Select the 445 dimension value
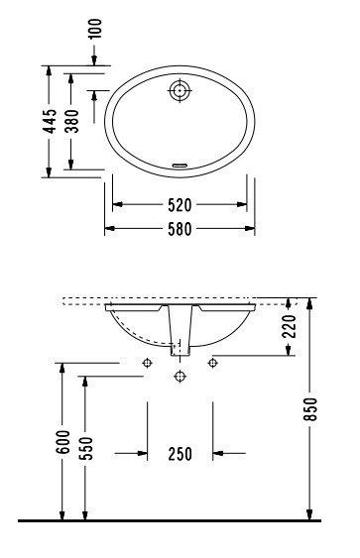(x=49, y=121)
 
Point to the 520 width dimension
(x=180, y=204)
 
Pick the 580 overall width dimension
(x=180, y=229)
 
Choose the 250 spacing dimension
(x=180, y=454)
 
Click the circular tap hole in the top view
(x=180, y=90)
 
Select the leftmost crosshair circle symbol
(x=147, y=363)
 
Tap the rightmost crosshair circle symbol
(x=212, y=363)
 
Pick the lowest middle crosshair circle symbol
(x=180, y=377)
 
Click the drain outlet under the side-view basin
(x=180, y=348)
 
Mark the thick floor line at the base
(x=180, y=519)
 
